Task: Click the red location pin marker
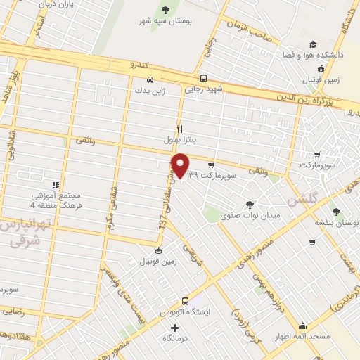[180, 166]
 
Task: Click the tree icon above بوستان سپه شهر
[165, 9]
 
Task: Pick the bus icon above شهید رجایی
[203, 78]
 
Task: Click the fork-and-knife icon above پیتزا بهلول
[180, 129]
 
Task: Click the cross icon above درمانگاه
[174, 328]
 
